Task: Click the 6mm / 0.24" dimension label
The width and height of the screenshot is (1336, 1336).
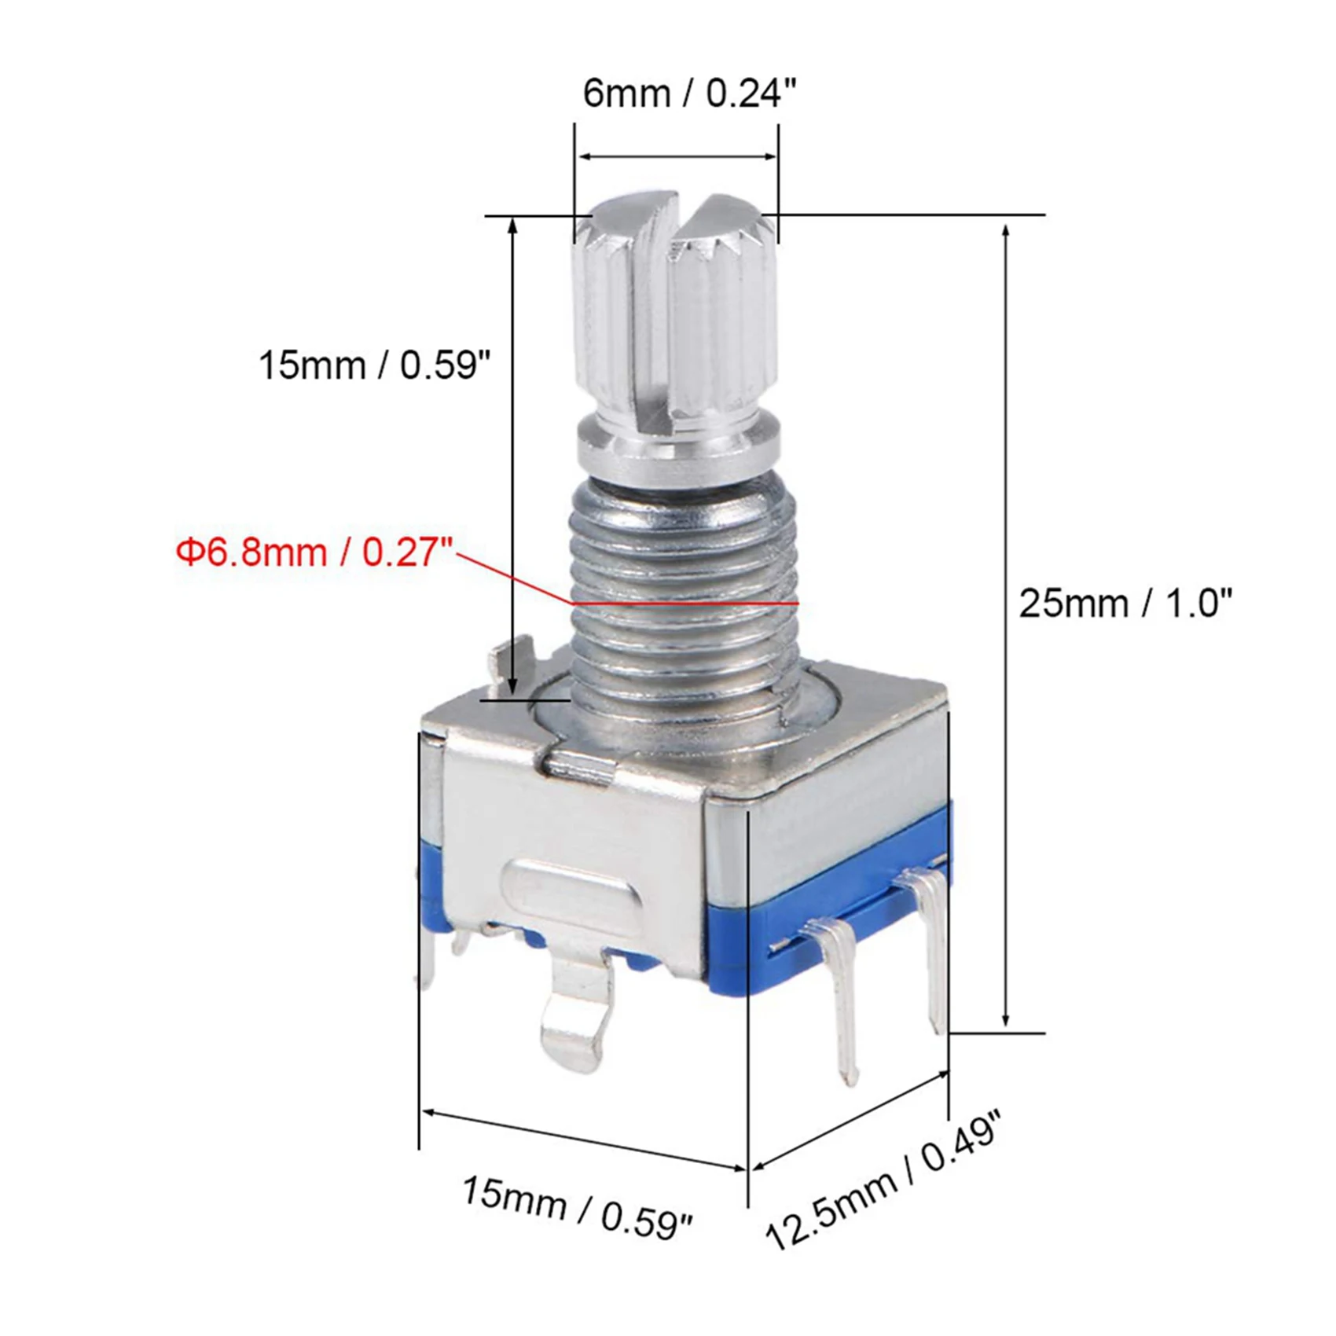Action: point(689,94)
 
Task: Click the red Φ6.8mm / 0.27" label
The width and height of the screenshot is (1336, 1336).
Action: point(314,552)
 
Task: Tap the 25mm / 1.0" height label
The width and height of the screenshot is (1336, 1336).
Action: point(1125,604)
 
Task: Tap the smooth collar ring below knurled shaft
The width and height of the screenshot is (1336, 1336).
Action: point(680,448)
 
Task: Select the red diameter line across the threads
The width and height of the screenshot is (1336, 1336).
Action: point(684,603)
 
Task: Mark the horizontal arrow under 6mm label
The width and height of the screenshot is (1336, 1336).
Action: point(677,156)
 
